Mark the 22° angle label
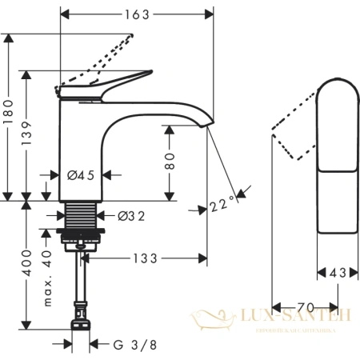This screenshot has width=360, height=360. click(224, 206)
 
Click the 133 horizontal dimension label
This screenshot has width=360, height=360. click(146, 258)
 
